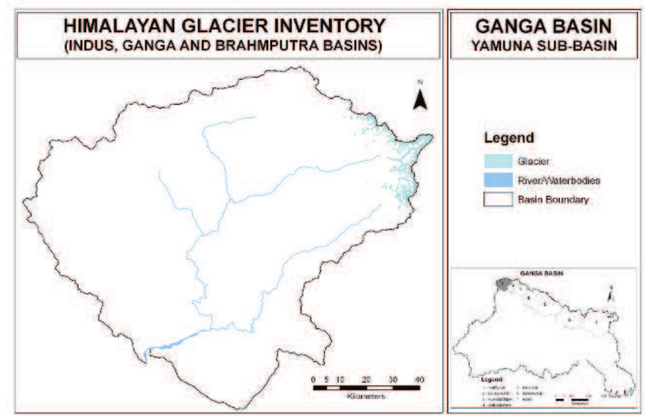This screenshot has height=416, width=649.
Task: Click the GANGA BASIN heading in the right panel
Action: point(543,27)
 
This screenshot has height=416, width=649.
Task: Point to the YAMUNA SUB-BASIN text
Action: point(544,46)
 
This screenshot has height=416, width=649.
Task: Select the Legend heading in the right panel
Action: point(509,138)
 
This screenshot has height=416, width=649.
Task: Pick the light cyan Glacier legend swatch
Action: point(498,161)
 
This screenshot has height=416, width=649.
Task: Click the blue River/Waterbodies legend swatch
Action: point(498,180)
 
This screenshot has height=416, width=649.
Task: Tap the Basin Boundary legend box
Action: point(498,199)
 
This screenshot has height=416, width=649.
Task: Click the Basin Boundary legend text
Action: point(553,199)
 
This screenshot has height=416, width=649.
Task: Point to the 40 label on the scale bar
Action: point(419,380)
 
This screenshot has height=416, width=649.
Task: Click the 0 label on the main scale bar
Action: point(313,380)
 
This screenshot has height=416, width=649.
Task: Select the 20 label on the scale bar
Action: point(366,380)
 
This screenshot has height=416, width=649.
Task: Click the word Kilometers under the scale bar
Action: point(366,396)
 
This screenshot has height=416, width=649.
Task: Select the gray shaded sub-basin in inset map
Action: point(503,284)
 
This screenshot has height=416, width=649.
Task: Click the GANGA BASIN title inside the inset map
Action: point(541,273)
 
